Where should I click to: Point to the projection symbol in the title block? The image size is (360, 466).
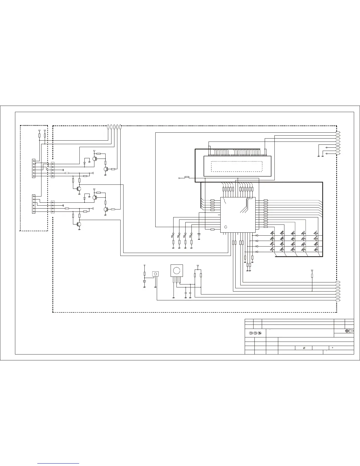pyautogui.click(x=349, y=331)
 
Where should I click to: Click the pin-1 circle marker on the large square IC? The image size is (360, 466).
pyautogui.click(x=226, y=227)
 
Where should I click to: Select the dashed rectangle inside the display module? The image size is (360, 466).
pyautogui.click(x=236, y=166)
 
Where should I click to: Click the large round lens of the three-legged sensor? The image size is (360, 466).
pyautogui.click(x=176, y=270)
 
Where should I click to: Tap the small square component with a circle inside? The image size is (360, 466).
pyautogui.click(x=155, y=274)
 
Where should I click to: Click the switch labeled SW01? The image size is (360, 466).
pyautogui.click(x=272, y=233)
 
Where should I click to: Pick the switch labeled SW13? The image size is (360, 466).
pyautogui.click(x=303, y=233)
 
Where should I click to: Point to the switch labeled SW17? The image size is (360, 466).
pyautogui.click(x=316, y=233)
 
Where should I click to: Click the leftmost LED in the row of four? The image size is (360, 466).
pyautogui.click(x=173, y=234)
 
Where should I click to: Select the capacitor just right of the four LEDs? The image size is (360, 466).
pyautogui.click(x=199, y=234)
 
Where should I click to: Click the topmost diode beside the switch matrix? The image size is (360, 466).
pyautogui.click(x=257, y=235)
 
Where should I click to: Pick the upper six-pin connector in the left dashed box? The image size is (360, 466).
pyautogui.click(x=34, y=168)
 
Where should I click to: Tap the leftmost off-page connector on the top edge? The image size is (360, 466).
pyautogui.click(x=108, y=127)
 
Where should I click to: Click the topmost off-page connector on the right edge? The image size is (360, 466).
pyautogui.click(x=338, y=132)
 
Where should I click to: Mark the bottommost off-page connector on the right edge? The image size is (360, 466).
pyautogui.click(x=338, y=300)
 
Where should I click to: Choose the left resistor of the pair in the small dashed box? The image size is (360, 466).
pyautogui.click(x=39, y=135)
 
